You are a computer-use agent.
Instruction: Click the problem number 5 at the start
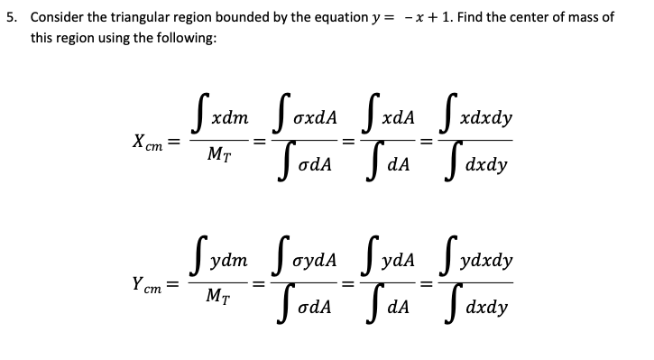point(9,17)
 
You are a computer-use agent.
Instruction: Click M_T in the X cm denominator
point(218,159)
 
